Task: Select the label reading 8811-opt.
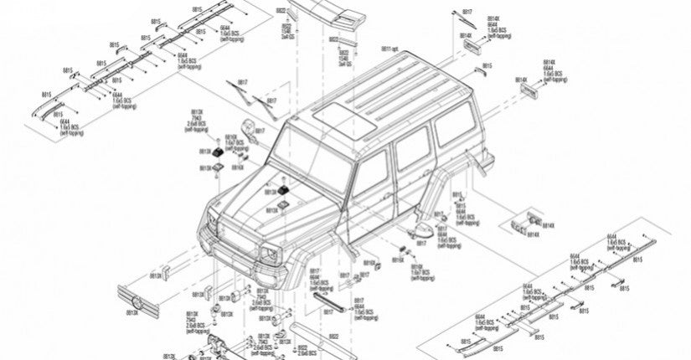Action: tap(391, 50)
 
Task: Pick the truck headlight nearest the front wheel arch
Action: tap(273, 253)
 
